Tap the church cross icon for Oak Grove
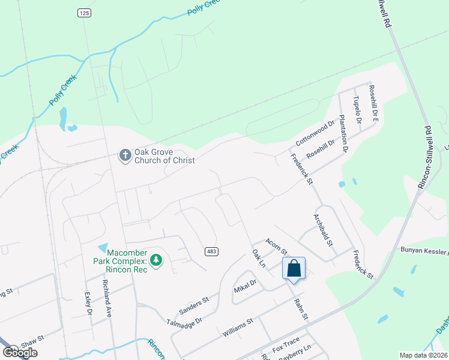coord(125,155)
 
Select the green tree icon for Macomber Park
coord(156,260)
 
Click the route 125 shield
coord(83,12)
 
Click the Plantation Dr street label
coord(343,133)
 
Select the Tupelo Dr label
coord(358,109)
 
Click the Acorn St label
coord(277,244)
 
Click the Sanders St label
coord(194,306)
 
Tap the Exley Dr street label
coord(89,304)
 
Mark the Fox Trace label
coord(285,344)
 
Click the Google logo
coord(20,353)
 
